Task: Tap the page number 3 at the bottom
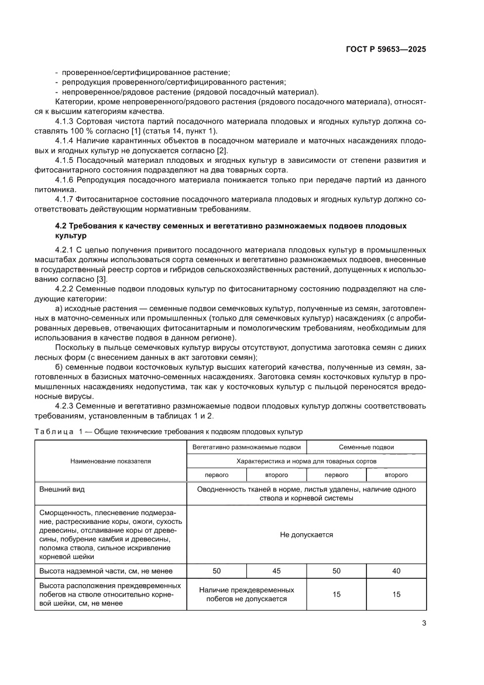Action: tap(424, 623)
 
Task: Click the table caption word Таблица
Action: tap(52, 431)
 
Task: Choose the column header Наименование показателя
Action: tap(111, 461)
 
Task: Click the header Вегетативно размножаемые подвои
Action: tap(246, 447)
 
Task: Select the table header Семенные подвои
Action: tap(366, 447)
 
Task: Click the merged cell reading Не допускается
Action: tap(306, 534)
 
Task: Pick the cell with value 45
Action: tap(276, 571)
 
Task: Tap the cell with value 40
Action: tap(396, 571)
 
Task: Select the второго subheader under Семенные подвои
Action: tap(396, 475)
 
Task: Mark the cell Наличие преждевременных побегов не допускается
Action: tap(246, 594)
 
